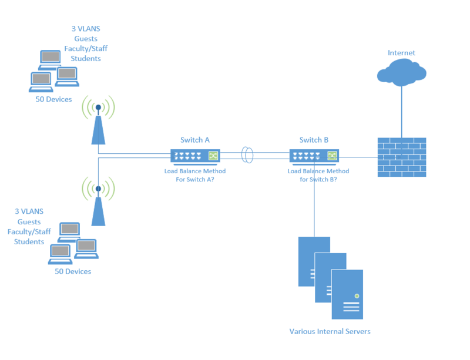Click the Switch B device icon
pyautogui.click(x=314, y=156)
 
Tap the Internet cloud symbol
pyautogui.click(x=401, y=73)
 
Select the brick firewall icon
pyautogui.click(x=401, y=157)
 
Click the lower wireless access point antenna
pyautogui.click(x=98, y=203)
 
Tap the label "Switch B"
pyautogui.click(x=314, y=140)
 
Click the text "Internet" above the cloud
pyautogui.click(x=401, y=53)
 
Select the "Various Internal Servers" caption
pyautogui.click(x=330, y=331)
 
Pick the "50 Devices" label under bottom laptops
pyautogui.click(x=73, y=271)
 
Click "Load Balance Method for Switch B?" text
pyautogui.click(x=318, y=175)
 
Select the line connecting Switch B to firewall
pyautogui.click(x=358, y=157)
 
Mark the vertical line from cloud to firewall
pyautogui.click(x=401, y=112)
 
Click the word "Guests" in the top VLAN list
pyautogui.click(x=86, y=39)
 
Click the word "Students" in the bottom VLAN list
pyautogui.click(x=29, y=241)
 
